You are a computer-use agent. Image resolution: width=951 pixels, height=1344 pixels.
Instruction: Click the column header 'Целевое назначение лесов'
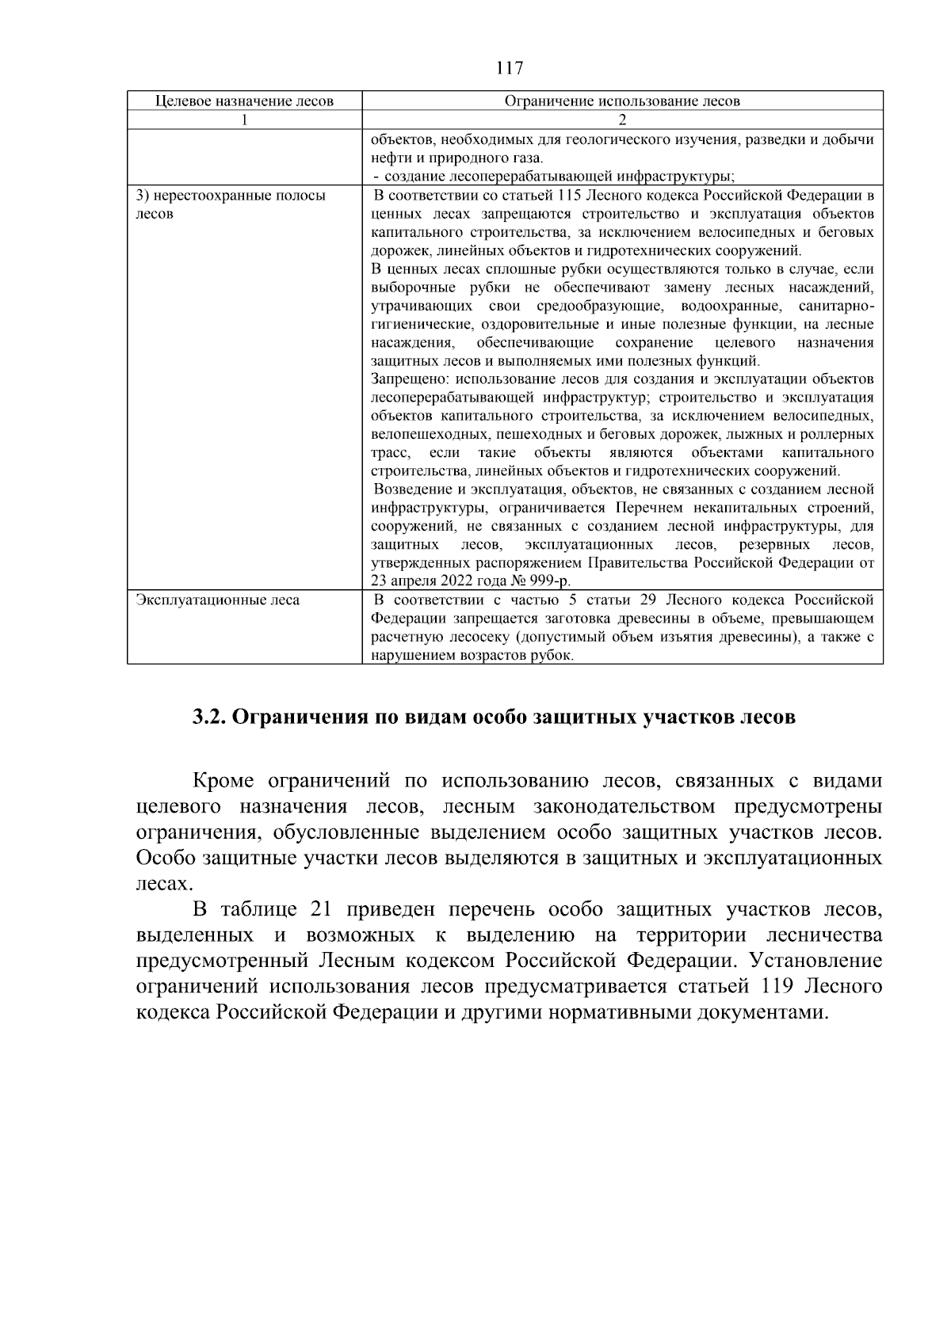244,101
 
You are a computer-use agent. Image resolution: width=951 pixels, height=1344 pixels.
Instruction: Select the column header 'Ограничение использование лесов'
622,101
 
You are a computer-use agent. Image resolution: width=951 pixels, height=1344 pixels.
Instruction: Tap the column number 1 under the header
244,120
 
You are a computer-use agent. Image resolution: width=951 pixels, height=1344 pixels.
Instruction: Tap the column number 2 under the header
622,120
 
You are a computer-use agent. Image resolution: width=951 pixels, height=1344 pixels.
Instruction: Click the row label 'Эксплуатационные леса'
218,600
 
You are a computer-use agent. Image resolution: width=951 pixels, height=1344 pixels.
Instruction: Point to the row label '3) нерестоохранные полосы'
231,196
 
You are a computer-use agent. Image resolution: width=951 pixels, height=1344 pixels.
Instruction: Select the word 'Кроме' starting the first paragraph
223,782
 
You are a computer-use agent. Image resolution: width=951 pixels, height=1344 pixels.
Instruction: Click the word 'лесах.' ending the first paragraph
164,884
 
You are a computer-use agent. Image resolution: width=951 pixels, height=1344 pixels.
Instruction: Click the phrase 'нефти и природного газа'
456,158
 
